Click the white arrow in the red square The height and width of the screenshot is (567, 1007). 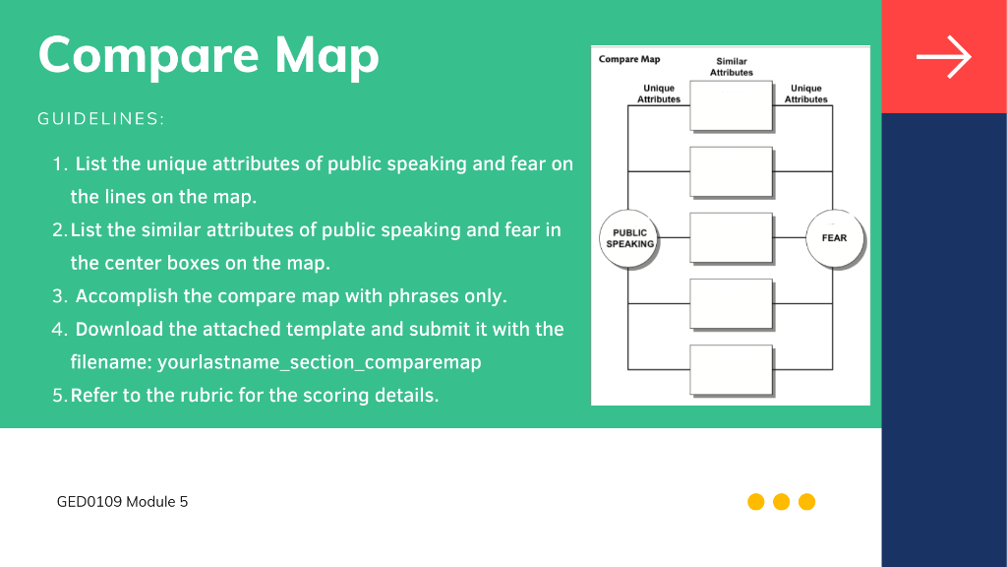[944, 57]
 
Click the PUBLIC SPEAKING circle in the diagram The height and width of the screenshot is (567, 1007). [629, 238]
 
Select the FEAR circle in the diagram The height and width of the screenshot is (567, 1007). [833, 238]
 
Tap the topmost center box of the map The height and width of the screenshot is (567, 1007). [731, 105]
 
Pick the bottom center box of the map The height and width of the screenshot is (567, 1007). [731, 369]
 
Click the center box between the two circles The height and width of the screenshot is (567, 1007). [731, 238]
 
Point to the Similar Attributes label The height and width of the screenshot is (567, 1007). [732, 67]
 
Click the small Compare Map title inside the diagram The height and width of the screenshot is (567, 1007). [629, 60]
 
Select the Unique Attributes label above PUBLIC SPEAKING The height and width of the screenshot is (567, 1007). [659, 94]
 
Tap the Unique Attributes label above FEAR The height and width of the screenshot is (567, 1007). [806, 94]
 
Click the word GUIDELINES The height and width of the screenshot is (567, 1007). [101, 119]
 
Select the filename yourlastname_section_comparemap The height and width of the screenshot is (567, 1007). [319, 362]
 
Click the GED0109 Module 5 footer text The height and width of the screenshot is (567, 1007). [122, 502]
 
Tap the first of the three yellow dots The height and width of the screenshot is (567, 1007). [756, 502]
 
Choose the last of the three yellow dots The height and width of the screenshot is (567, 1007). [807, 502]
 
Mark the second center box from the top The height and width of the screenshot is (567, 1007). [731, 171]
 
